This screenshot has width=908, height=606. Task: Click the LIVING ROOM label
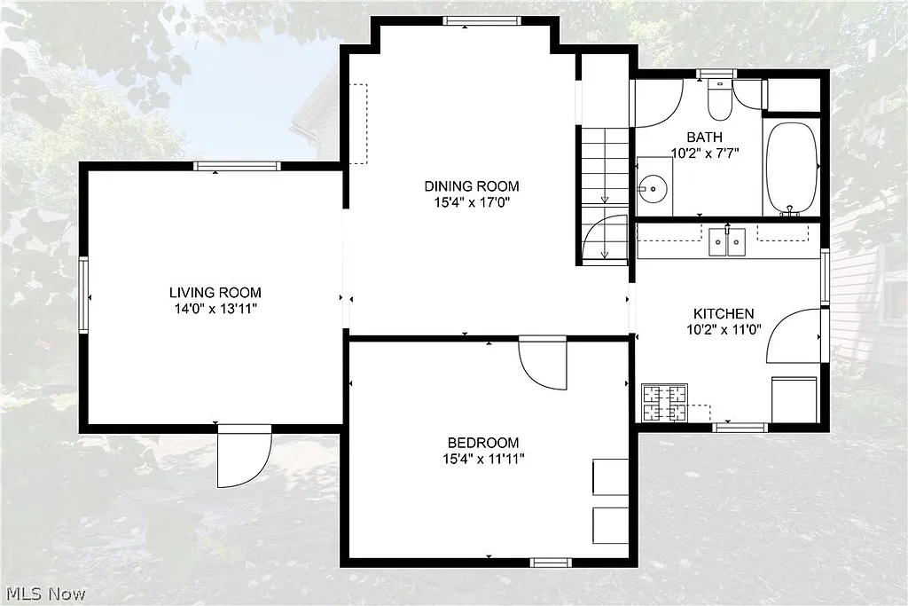[x=215, y=292]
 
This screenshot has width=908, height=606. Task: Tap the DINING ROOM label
[x=471, y=186]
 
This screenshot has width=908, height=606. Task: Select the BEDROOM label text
[x=482, y=443]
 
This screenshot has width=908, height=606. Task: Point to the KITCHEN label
[x=724, y=313]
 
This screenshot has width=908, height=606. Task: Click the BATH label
[x=704, y=137]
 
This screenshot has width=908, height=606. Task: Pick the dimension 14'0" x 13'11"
[x=215, y=309]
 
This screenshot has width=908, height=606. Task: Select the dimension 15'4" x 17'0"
[x=471, y=202]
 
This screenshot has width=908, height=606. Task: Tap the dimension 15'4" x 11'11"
[x=482, y=459]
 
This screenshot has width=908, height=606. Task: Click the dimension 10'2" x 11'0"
[x=724, y=329]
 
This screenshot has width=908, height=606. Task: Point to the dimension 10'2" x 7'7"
[x=704, y=152]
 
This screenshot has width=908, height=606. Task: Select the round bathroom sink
[x=654, y=188]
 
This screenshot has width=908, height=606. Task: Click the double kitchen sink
[x=728, y=241]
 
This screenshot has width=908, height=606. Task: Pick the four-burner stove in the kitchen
[x=664, y=402]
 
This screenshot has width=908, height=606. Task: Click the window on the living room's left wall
[x=84, y=295]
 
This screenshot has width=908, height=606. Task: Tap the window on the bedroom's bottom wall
[x=551, y=562]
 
